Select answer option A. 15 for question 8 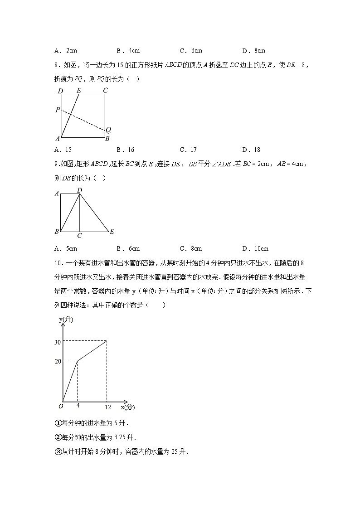[63, 150]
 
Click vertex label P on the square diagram [57, 110]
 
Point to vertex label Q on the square [108, 130]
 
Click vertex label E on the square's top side [78, 90]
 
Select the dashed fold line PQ [83, 120]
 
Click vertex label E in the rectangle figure [112, 232]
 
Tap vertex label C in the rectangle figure [79, 236]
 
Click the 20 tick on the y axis [58, 361]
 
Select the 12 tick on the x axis [108, 407]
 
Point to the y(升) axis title [66, 320]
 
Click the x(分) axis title [128, 407]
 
